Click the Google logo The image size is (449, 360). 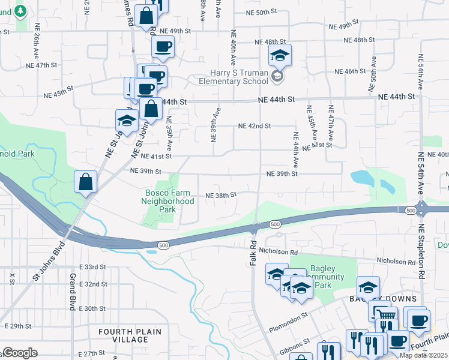(x=19, y=353)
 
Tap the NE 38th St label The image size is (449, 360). (x=221, y=195)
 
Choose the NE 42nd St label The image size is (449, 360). (x=255, y=126)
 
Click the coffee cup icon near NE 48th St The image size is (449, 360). (x=163, y=47)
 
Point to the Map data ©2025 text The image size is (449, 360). (x=424, y=355)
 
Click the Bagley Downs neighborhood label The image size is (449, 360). (x=384, y=299)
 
